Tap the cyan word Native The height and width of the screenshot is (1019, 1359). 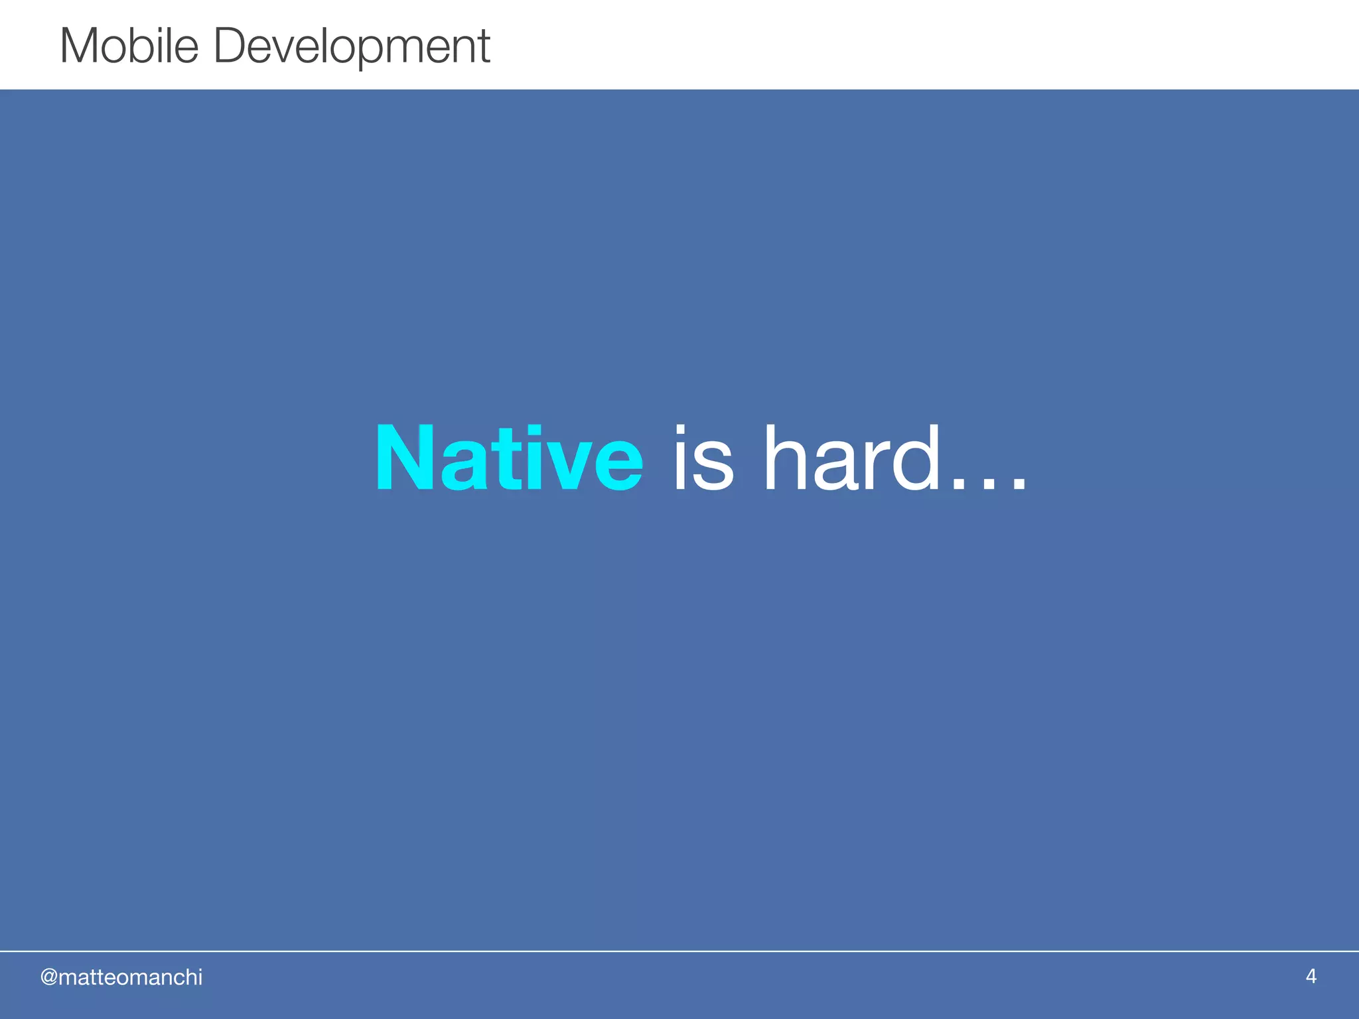click(509, 459)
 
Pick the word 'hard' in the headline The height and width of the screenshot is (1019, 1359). click(852, 459)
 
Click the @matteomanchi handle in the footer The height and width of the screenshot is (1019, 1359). click(121, 977)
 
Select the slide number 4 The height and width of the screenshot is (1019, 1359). click(1311, 976)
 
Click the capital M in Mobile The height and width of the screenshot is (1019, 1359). click(80, 46)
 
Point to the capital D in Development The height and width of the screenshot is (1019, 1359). click(230, 46)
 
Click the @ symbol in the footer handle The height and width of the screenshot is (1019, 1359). click(49, 977)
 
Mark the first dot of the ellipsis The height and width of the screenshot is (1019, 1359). click(956, 485)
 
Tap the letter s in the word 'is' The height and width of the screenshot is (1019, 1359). click(715, 468)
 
